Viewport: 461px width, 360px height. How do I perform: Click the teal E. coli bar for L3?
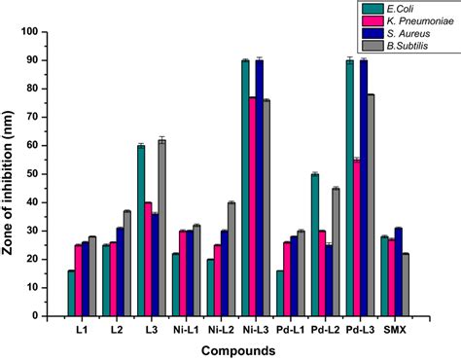(141, 231)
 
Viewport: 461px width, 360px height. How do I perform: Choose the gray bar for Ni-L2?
(231, 259)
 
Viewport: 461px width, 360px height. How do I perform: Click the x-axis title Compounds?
(234, 348)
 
